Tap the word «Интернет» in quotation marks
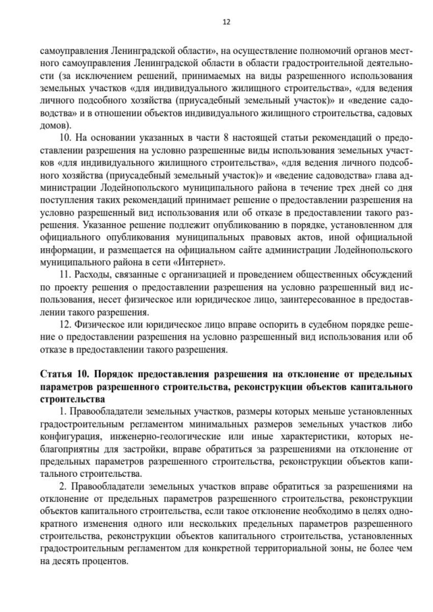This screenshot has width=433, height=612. [202, 262]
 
